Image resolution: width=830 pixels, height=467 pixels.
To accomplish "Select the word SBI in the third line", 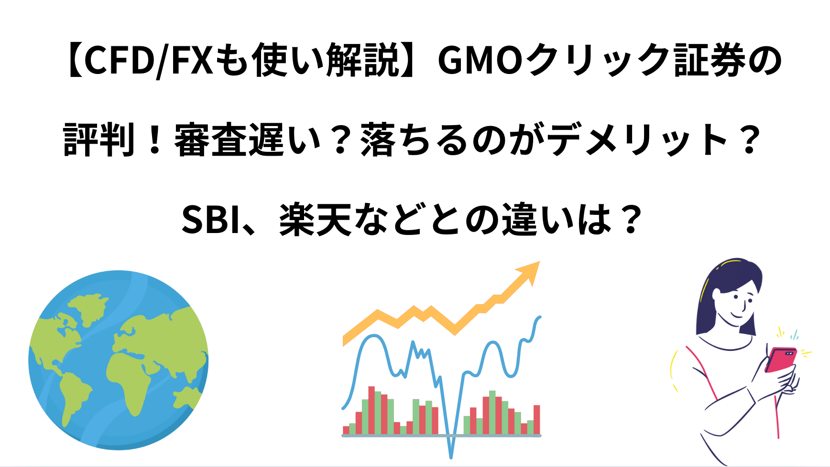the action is click(x=210, y=220).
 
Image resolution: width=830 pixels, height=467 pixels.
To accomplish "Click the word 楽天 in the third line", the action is click(x=316, y=220).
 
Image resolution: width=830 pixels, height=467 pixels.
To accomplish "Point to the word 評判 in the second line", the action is click(x=99, y=140).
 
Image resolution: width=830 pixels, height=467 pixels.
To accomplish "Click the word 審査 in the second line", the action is click(x=211, y=140).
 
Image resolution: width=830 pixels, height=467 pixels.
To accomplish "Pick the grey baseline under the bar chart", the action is click(x=441, y=435).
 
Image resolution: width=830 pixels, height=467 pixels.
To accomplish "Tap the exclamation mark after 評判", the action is click(x=154, y=140).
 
